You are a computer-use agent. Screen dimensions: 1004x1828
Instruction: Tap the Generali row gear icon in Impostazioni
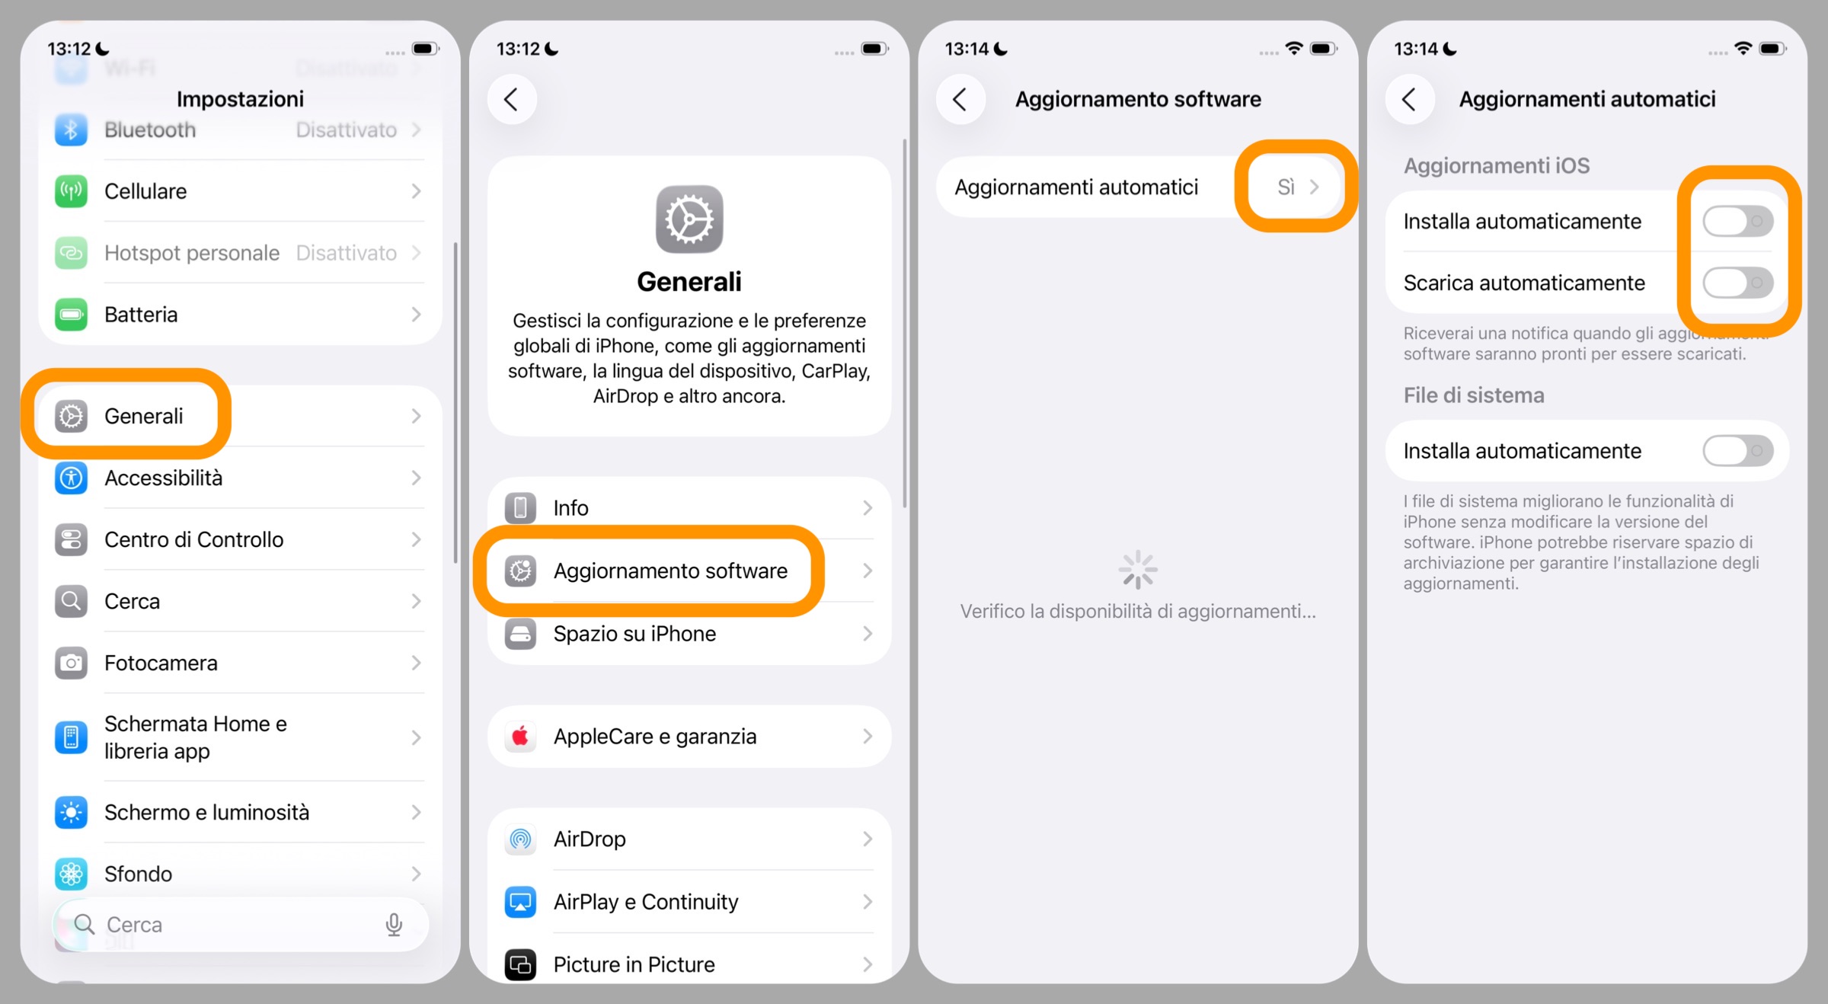(x=72, y=416)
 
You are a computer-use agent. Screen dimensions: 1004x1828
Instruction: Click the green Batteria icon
(x=72, y=315)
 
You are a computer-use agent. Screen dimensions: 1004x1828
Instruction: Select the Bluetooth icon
(x=72, y=130)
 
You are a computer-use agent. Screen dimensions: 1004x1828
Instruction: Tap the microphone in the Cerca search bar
(x=394, y=924)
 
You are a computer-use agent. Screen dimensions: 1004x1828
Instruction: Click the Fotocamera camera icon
(x=72, y=663)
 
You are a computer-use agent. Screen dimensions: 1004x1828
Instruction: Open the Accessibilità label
(x=163, y=478)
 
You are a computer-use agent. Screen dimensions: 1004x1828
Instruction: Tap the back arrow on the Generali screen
(x=512, y=99)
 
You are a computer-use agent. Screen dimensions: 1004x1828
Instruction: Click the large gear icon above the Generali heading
(x=689, y=219)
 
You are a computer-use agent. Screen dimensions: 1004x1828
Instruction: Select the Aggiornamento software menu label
(x=670, y=571)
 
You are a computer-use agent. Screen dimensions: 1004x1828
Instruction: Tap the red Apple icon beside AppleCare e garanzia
(x=520, y=736)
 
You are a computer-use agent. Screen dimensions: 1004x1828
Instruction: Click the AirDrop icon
(x=520, y=839)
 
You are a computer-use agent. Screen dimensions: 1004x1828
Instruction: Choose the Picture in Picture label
(x=634, y=964)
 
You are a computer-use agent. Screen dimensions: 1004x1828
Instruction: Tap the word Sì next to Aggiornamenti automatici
(x=1286, y=187)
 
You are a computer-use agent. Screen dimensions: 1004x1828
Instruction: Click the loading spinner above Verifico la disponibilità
(x=1138, y=570)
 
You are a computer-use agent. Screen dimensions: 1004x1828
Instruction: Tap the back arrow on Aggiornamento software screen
(x=960, y=99)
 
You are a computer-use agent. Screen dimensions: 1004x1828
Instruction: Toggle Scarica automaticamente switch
(x=1737, y=283)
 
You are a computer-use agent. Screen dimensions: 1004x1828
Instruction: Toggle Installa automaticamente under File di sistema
(x=1737, y=451)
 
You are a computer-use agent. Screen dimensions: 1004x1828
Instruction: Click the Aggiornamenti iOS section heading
(x=1496, y=165)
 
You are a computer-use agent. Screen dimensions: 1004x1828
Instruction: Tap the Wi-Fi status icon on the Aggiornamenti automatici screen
(x=1743, y=48)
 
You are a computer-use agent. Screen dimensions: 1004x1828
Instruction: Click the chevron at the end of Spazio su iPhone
(x=867, y=634)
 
